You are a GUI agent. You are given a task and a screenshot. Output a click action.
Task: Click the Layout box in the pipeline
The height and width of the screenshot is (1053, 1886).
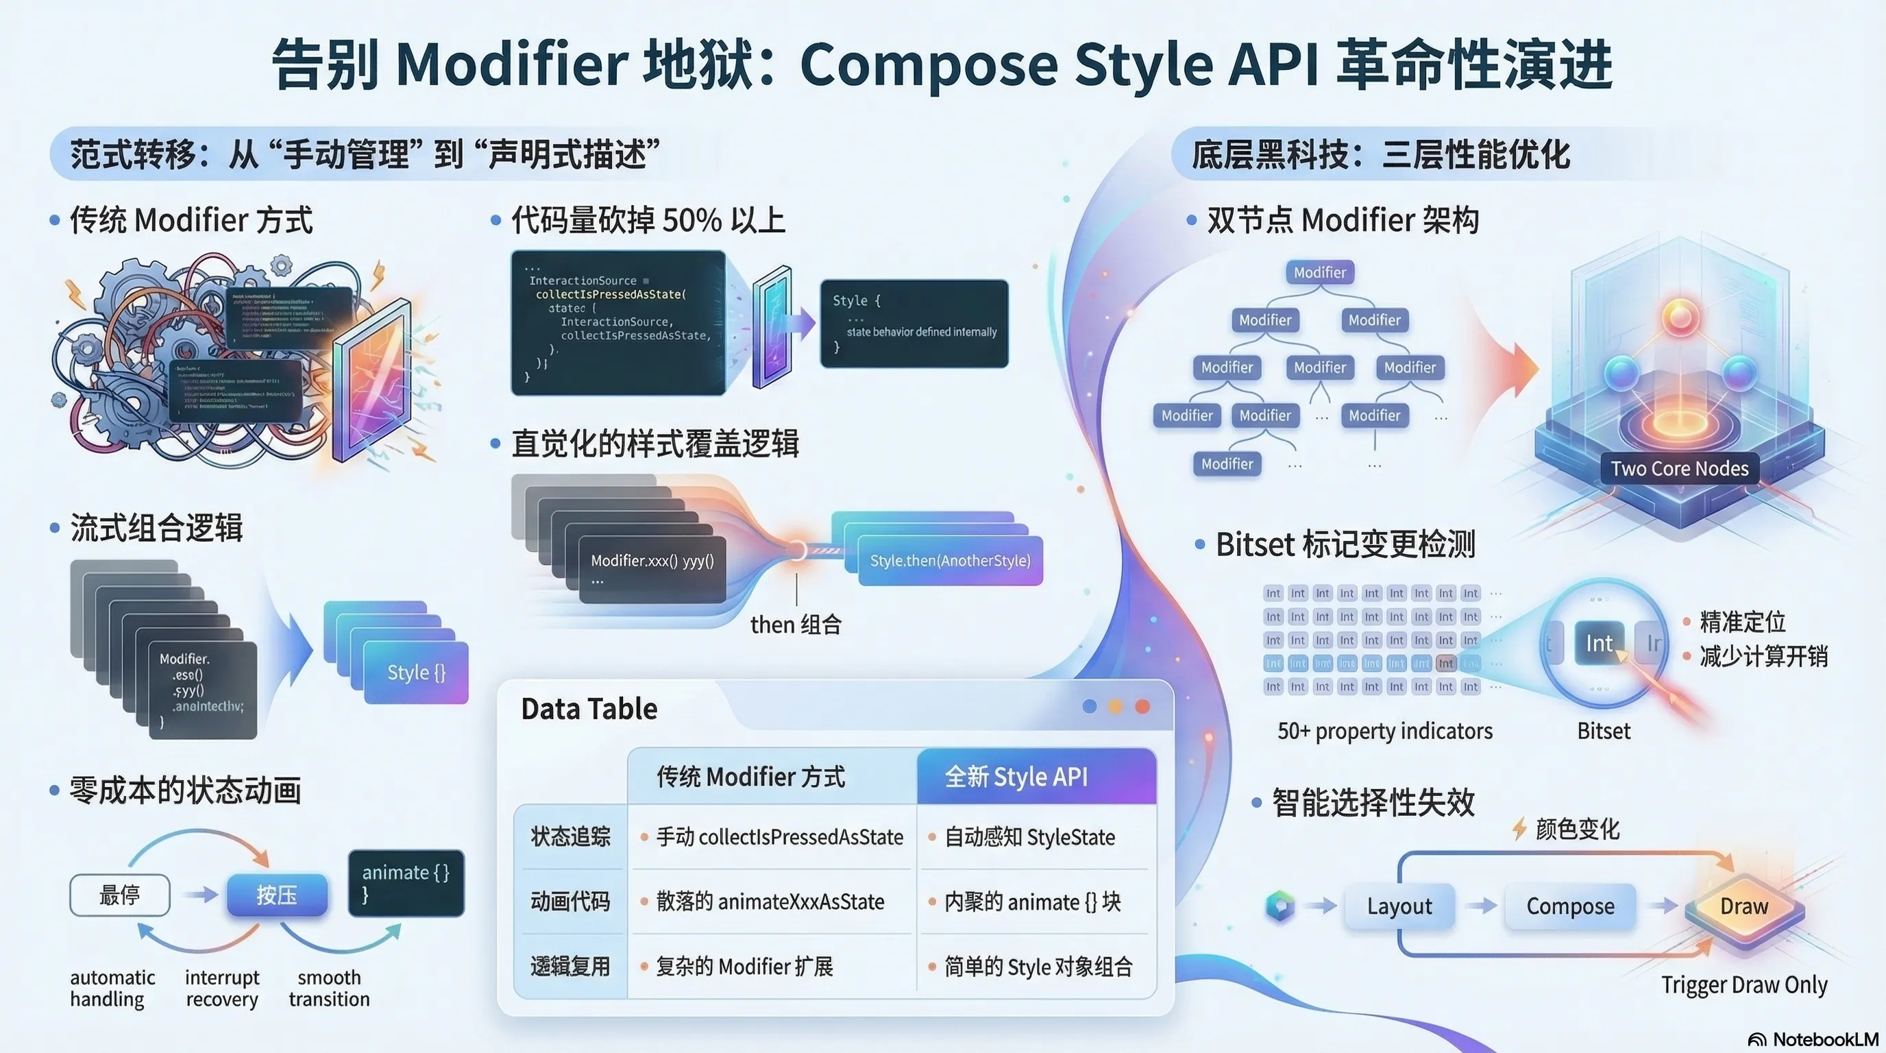[x=1399, y=906]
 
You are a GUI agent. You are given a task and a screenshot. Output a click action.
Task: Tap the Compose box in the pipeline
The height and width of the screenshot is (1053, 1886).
[x=1569, y=906]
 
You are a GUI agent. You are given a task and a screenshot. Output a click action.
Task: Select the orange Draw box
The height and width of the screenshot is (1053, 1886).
[x=1744, y=906]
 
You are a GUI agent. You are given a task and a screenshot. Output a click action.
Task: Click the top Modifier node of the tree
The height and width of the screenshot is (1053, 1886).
[x=1319, y=272]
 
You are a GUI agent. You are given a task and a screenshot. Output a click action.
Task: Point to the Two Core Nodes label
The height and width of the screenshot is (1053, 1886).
[x=1679, y=469]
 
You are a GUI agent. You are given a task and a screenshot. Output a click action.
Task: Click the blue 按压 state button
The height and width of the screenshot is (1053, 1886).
[x=277, y=895]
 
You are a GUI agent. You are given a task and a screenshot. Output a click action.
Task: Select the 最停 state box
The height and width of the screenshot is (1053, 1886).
[x=119, y=895]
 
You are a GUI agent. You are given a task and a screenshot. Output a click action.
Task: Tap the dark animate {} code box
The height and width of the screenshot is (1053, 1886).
[x=406, y=882]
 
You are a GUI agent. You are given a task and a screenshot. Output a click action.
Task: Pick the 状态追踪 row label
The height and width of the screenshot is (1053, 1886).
[x=570, y=836]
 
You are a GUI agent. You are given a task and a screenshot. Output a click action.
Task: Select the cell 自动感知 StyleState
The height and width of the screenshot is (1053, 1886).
[x=1029, y=837]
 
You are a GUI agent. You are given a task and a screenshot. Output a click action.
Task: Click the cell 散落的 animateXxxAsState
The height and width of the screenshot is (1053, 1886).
[x=770, y=901]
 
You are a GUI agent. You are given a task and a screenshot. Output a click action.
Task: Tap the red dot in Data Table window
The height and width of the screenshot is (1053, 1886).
[x=1142, y=706]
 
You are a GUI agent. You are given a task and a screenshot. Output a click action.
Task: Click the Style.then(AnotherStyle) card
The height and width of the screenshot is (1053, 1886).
[x=950, y=561]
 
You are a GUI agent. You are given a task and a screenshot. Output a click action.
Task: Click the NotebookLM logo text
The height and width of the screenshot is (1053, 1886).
[x=1825, y=1039]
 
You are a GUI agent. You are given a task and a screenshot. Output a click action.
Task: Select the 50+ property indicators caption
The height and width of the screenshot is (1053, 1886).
[x=1384, y=731]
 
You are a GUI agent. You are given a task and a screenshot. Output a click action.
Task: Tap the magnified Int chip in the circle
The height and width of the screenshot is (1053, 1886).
[x=1599, y=644]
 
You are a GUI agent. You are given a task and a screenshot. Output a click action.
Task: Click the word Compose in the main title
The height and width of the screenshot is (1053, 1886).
[x=929, y=64]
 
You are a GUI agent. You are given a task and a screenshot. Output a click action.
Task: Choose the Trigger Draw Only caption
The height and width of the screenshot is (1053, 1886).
[x=1744, y=985]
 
